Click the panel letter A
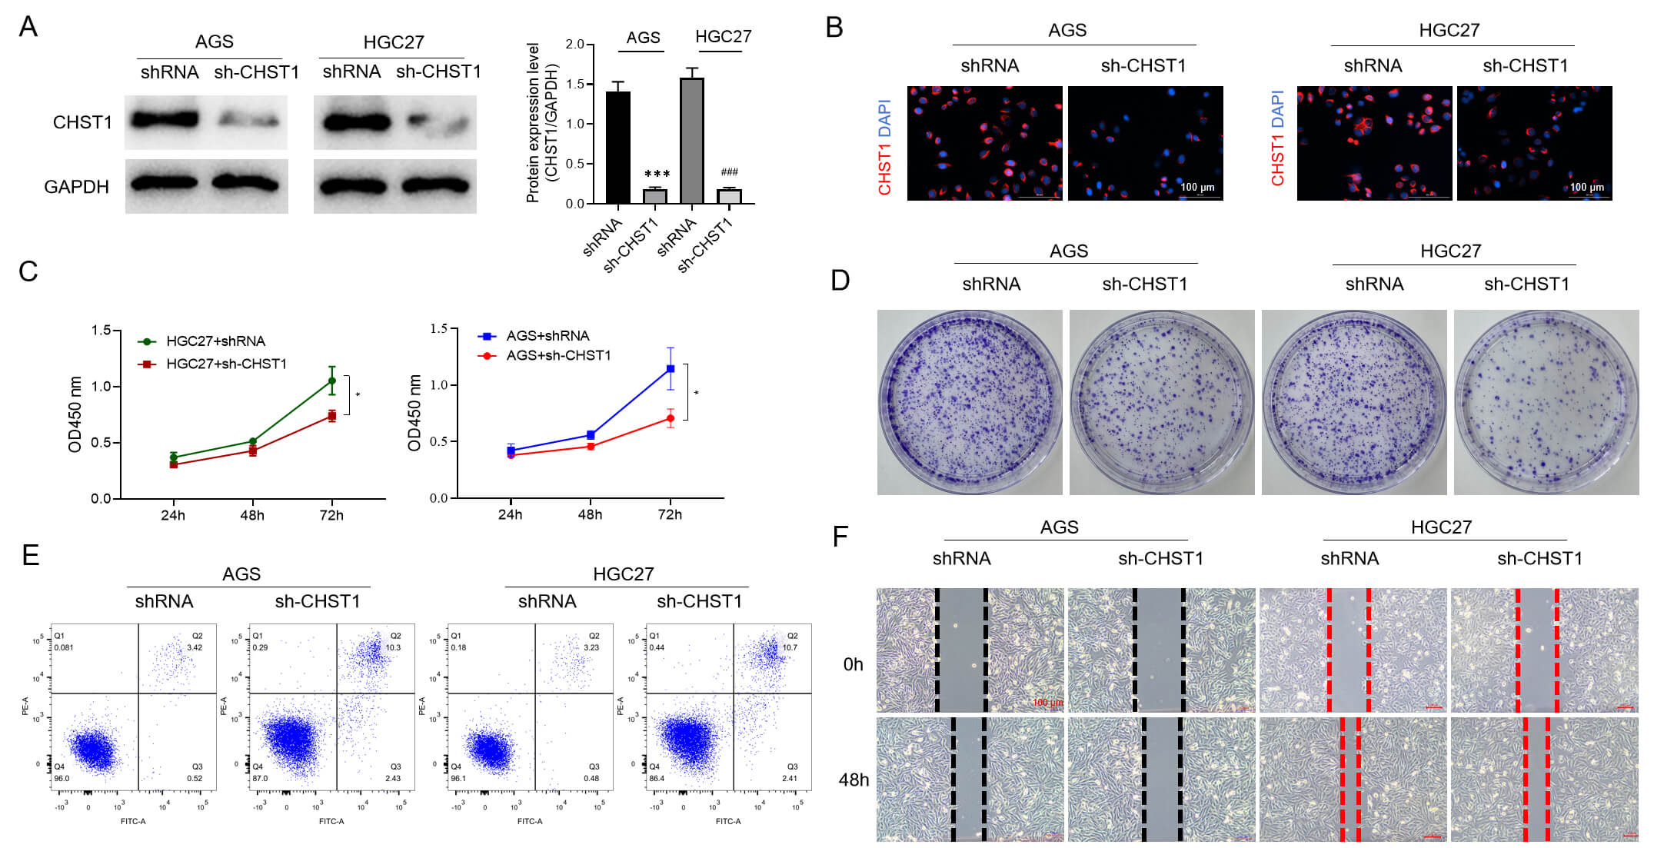(28, 27)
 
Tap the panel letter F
(840, 536)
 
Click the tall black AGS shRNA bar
(617, 146)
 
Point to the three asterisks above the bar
(657, 175)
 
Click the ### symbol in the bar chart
(729, 172)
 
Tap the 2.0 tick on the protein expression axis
(574, 45)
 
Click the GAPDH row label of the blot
(76, 187)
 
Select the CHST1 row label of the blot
(82, 122)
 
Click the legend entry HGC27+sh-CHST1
(226, 364)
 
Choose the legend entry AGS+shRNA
(547, 336)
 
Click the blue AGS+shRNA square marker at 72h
(671, 369)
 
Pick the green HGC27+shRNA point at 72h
(332, 381)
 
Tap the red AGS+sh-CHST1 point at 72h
(671, 418)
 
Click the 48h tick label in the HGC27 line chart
(252, 515)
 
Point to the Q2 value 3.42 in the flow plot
(195, 647)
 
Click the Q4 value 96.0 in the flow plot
(62, 778)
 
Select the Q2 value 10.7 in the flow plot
(790, 647)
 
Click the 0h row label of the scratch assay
(853, 664)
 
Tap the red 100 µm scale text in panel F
(1047, 703)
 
